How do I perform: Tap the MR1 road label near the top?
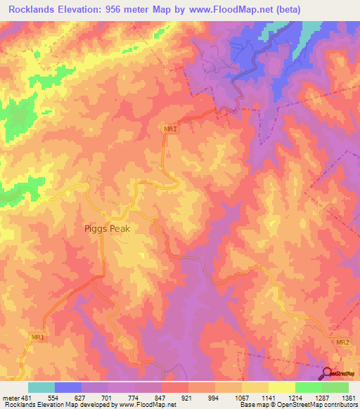169,129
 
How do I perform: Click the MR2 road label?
342,342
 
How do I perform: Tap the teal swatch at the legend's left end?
41,387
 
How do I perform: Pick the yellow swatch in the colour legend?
281,387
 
